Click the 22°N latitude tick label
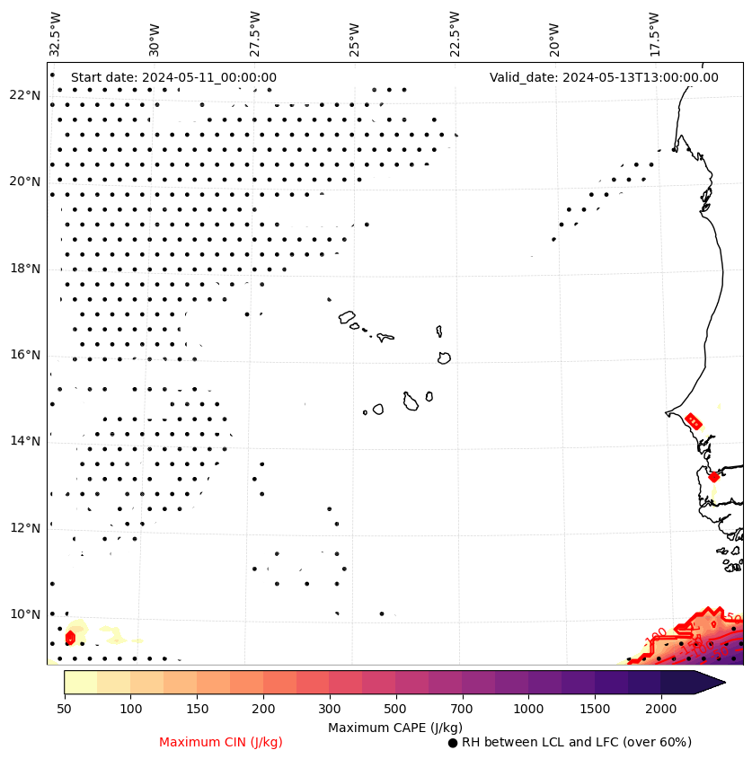(x=24, y=95)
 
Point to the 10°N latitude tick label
(x=24, y=614)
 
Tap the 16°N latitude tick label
(x=24, y=355)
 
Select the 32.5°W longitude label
(x=56, y=33)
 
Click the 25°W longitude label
(x=355, y=39)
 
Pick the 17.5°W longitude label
(x=653, y=33)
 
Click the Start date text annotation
(x=173, y=78)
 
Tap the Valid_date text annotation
(x=604, y=78)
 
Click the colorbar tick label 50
(x=64, y=710)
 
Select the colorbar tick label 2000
(x=660, y=710)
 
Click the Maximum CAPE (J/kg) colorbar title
(x=394, y=728)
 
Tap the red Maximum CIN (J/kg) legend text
(x=221, y=743)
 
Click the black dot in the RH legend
(x=453, y=743)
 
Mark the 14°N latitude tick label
(x=24, y=441)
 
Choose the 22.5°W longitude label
(x=454, y=33)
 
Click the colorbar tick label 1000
(x=528, y=710)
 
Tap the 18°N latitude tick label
(x=24, y=269)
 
